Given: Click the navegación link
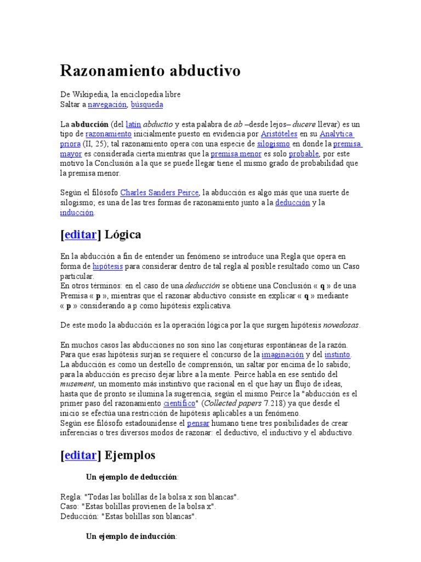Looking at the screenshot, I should click(107, 104).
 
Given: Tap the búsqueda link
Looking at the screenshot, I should click(146, 104).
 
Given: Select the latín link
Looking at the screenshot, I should click(133, 124).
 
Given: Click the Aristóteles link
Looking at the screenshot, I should click(280, 134).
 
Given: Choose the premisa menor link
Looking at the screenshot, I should click(236, 154).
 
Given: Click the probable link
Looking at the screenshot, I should click(304, 154).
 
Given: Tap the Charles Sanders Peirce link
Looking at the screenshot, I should click(159, 193).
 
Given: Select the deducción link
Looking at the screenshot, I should click(292, 203).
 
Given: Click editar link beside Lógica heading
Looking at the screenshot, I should click(81, 235).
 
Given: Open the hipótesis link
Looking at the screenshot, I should click(107, 266).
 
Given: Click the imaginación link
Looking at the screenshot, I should click(282, 355).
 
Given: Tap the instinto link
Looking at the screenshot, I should click(337, 355).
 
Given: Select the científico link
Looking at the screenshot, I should click(179, 404).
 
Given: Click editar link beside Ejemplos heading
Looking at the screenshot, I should click(81, 455).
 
